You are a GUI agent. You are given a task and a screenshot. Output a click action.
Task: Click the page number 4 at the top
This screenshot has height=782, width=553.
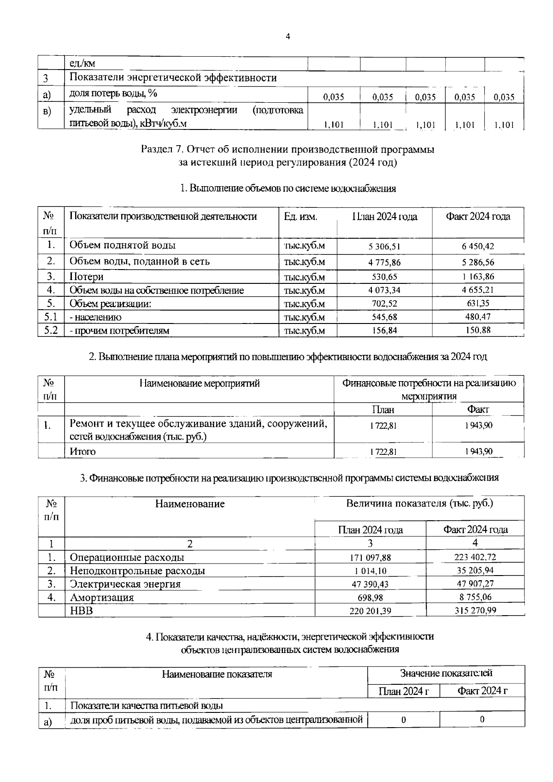(288, 37)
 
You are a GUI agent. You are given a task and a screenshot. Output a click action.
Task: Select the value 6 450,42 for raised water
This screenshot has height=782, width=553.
(478, 247)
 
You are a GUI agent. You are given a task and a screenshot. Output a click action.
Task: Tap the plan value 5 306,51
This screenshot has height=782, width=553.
(384, 247)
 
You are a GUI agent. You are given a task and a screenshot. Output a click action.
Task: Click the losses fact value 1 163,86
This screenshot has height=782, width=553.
(478, 277)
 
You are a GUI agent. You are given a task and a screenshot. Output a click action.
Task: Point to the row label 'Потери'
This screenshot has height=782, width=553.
(86, 277)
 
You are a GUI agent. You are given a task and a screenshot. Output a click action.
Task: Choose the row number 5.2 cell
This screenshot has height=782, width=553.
(51, 330)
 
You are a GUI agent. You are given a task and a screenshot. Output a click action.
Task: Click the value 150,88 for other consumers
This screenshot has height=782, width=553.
(478, 330)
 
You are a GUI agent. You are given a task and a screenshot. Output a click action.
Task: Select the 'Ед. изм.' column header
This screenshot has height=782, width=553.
(300, 217)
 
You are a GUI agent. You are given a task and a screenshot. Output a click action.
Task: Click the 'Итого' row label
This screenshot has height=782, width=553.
(82, 452)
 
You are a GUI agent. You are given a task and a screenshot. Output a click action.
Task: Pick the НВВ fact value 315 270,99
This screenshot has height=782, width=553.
(475, 611)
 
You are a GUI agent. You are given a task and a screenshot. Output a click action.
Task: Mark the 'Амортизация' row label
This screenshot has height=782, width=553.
(102, 598)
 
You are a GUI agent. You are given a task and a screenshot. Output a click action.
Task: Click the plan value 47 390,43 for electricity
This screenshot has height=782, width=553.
(371, 584)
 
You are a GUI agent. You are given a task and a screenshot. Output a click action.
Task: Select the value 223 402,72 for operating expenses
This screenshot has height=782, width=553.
(475, 557)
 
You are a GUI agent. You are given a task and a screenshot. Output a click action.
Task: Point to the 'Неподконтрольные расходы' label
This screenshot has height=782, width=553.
(137, 571)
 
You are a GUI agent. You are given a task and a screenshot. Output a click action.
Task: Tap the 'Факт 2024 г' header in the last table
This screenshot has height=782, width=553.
(482, 691)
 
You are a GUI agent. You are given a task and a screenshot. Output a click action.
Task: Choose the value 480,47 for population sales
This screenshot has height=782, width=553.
(478, 317)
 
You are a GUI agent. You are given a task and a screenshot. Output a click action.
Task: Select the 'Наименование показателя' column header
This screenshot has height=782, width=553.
(217, 674)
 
